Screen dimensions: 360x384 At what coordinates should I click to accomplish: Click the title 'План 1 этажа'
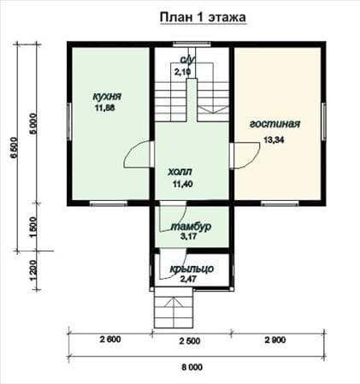tap(203, 17)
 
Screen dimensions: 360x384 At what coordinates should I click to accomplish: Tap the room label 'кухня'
tap(107, 97)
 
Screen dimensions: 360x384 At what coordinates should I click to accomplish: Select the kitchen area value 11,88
tap(105, 108)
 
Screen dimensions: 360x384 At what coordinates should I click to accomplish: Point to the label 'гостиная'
tap(275, 124)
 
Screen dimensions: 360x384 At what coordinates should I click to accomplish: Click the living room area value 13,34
tap(274, 140)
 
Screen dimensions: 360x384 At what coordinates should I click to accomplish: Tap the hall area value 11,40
tap(182, 184)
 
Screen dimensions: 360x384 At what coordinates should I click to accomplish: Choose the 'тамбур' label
tap(191, 227)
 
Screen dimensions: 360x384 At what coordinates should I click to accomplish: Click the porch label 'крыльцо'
tap(192, 269)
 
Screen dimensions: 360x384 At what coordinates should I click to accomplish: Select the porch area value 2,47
tap(188, 279)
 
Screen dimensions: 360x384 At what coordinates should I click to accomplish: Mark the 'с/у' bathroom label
tap(187, 60)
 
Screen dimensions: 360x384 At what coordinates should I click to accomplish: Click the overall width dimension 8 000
tap(192, 367)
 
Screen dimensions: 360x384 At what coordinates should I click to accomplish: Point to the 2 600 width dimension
tap(110, 340)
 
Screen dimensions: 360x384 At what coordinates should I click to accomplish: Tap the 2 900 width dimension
tap(275, 340)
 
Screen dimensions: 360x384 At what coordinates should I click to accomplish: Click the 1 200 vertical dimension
tap(33, 270)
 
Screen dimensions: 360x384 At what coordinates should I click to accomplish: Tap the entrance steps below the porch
tap(174, 308)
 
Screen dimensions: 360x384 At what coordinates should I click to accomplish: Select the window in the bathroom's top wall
tap(192, 44)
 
